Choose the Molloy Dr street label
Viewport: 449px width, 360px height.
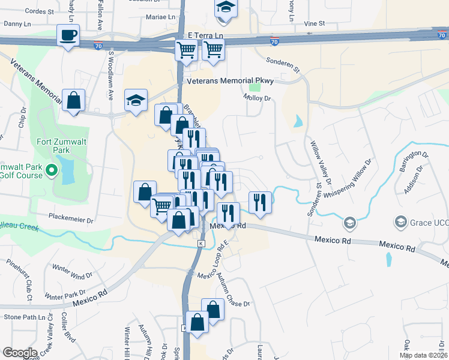259,98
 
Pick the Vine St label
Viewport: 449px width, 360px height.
314,23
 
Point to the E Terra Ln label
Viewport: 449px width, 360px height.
205,36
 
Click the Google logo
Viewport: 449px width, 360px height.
20,353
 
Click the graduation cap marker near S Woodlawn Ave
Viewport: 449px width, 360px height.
136,101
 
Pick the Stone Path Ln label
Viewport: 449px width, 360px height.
25,316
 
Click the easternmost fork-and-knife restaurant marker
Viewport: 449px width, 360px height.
259,201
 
